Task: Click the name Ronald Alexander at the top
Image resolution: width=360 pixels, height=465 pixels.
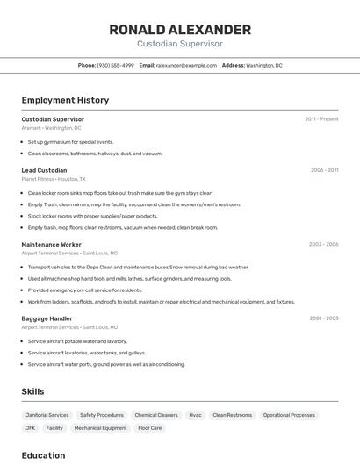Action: tap(180, 30)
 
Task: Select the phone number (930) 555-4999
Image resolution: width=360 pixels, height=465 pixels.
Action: tap(115, 65)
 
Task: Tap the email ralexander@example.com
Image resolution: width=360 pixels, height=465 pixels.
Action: tap(186, 65)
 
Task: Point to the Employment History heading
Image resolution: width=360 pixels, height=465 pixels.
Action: tap(65, 100)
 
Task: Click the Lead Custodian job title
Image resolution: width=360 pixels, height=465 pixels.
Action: tap(44, 170)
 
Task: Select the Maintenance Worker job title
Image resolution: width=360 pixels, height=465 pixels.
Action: tap(51, 244)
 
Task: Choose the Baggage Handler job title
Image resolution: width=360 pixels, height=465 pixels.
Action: tap(47, 318)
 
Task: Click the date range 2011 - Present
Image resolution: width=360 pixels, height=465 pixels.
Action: tap(321, 119)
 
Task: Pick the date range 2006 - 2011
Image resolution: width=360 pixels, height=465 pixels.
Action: tap(324, 170)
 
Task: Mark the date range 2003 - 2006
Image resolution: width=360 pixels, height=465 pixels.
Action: tap(323, 244)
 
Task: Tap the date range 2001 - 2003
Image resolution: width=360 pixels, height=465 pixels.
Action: tap(323, 318)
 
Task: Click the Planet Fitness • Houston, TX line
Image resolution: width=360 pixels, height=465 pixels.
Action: tap(54, 178)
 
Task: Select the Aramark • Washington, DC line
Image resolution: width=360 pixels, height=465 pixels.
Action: tap(51, 127)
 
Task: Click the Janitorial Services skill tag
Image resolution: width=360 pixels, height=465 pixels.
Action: tap(47, 415)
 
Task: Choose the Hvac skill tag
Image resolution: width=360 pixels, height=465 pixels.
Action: tap(195, 415)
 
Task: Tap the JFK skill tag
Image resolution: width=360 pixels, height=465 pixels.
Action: tap(30, 428)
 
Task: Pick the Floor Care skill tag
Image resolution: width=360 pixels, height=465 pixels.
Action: tap(149, 428)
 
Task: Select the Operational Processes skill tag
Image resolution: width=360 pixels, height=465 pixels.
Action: tap(289, 415)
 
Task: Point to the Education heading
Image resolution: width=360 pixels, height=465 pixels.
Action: tap(43, 455)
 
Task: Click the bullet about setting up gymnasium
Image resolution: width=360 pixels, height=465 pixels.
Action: tap(70, 141)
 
